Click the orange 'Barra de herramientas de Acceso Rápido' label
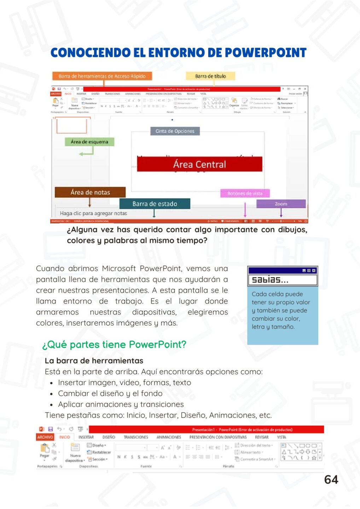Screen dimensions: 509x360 tap(102, 76)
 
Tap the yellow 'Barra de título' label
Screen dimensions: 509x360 tap(210, 76)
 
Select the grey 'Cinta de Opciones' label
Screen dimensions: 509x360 tap(175, 131)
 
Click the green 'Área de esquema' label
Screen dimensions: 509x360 tap(89, 142)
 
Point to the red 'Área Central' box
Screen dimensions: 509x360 tap(199, 164)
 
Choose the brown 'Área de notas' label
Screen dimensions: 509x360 tap(90, 192)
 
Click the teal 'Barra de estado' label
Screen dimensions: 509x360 tap(155, 204)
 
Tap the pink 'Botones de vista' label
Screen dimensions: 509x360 tap(245, 193)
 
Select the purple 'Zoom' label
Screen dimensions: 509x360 tap(281, 204)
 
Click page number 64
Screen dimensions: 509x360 tap(331, 480)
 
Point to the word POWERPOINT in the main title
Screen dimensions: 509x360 tap(266, 53)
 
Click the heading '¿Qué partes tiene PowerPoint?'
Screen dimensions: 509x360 tap(114, 344)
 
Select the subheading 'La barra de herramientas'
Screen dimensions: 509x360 tap(94, 361)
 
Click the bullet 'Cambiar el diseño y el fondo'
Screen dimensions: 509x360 tap(110, 393)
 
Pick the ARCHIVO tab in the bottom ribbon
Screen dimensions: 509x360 tap(45, 437)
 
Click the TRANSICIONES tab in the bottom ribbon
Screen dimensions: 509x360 tap(136, 437)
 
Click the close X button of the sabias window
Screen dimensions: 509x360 tap(314, 270)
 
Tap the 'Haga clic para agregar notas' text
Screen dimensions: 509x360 tap(93, 213)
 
